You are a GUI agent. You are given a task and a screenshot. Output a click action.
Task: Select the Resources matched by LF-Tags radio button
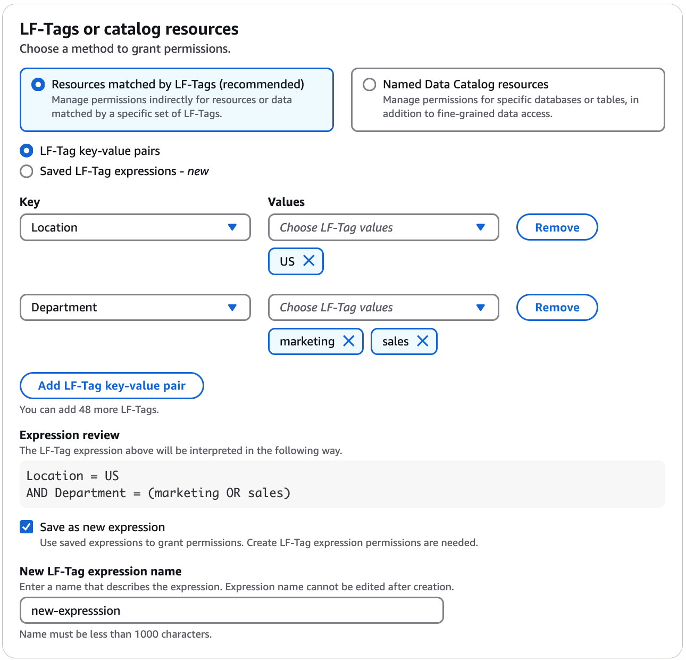(x=38, y=85)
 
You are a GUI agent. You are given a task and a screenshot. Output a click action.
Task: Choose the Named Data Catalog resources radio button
(x=369, y=85)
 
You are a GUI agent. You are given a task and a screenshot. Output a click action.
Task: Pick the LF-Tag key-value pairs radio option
(x=26, y=151)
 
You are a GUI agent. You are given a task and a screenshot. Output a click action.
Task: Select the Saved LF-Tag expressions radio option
(x=26, y=171)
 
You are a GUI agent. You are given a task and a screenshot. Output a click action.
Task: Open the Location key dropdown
(x=135, y=227)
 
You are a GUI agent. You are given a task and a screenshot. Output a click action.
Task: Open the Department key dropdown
(x=135, y=308)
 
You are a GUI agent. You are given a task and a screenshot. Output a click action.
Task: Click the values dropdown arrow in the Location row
(x=481, y=227)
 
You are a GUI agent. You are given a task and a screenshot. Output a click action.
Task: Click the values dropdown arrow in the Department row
(x=481, y=308)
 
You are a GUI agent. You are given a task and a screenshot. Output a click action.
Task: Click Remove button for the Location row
(x=557, y=227)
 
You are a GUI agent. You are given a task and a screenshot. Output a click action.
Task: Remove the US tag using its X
(x=309, y=261)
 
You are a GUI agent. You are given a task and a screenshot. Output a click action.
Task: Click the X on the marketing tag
(x=349, y=341)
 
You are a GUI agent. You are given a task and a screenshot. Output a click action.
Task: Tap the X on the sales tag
(x=423, y=341)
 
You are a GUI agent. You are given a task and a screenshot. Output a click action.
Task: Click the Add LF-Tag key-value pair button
(x=112, y=385)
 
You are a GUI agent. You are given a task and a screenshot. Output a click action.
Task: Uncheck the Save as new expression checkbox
(x=26, y=527)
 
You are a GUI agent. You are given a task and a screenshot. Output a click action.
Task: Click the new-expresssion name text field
(x=231, y=610)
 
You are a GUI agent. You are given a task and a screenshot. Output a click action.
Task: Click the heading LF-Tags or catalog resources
(x=129, y=29)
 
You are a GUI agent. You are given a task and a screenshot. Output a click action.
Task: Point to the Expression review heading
(x=70, y=435)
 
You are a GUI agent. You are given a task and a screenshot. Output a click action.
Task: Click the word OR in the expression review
(x=233, y=493)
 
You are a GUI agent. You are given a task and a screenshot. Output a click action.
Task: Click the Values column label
(x=286, y=202)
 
